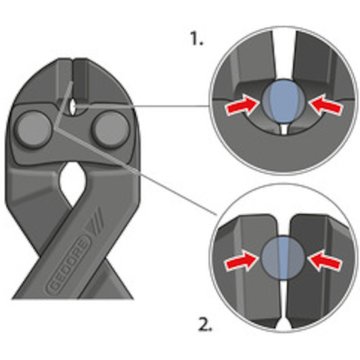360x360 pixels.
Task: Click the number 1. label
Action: [x=196, y=39]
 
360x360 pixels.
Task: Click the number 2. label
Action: [x=205, y=324]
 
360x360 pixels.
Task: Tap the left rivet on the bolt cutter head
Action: [x=34, y=129]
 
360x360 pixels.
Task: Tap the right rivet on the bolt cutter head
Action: [x=111, y=129]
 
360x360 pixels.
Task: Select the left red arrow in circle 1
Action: [x=242, y=106]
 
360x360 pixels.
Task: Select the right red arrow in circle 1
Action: [x=325, y=105]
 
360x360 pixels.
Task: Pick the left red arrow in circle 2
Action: [x=241, y=261]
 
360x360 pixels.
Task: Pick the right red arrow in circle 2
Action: [x=325, y=261]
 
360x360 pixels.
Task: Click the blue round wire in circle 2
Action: [x=284, y=258]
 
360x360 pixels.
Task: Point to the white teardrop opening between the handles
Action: [x=72, y=181]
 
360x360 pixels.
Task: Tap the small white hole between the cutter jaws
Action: [x=72, y=107]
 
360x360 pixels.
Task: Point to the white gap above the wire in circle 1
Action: [x=284, y=55]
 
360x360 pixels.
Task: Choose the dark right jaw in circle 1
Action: [x=321, y=69]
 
